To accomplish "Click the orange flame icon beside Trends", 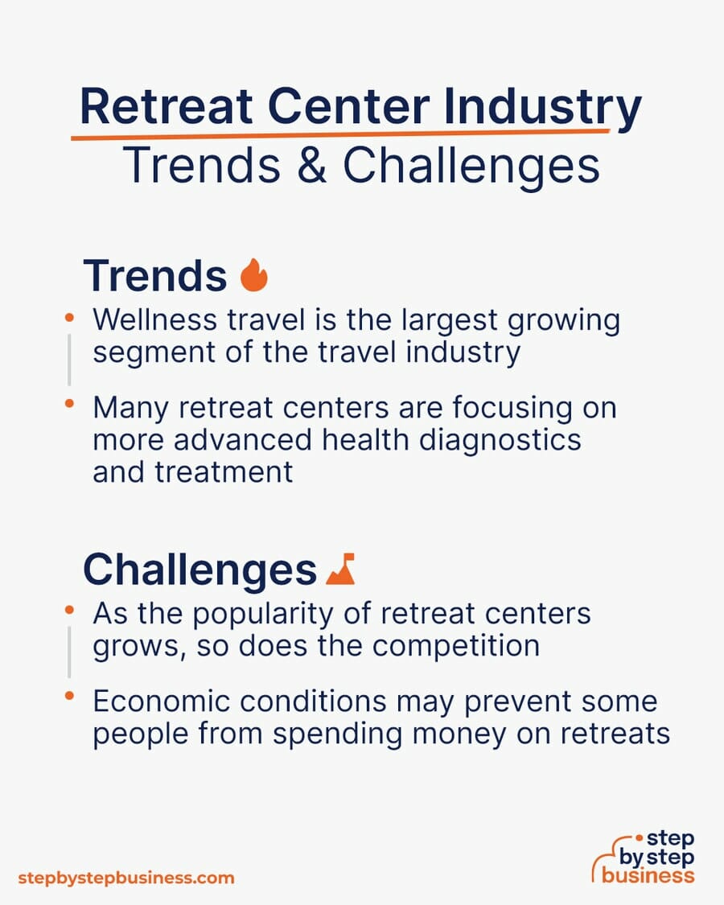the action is click(x=254, y=275).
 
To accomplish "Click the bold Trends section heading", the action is click(x=154, y=276).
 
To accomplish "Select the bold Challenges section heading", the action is click(x=200, y=570).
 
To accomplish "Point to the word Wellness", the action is click(x=154, y=319).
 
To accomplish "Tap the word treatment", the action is click(x=224, y=472).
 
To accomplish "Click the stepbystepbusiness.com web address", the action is click(x=126, y=878).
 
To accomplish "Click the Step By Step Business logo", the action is click(x=644, y=858).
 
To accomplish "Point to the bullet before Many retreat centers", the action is click(x=69, y=404).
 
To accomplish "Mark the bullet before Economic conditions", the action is click(x=69, y=696).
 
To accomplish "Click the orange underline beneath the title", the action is click(x=340, y=135).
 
